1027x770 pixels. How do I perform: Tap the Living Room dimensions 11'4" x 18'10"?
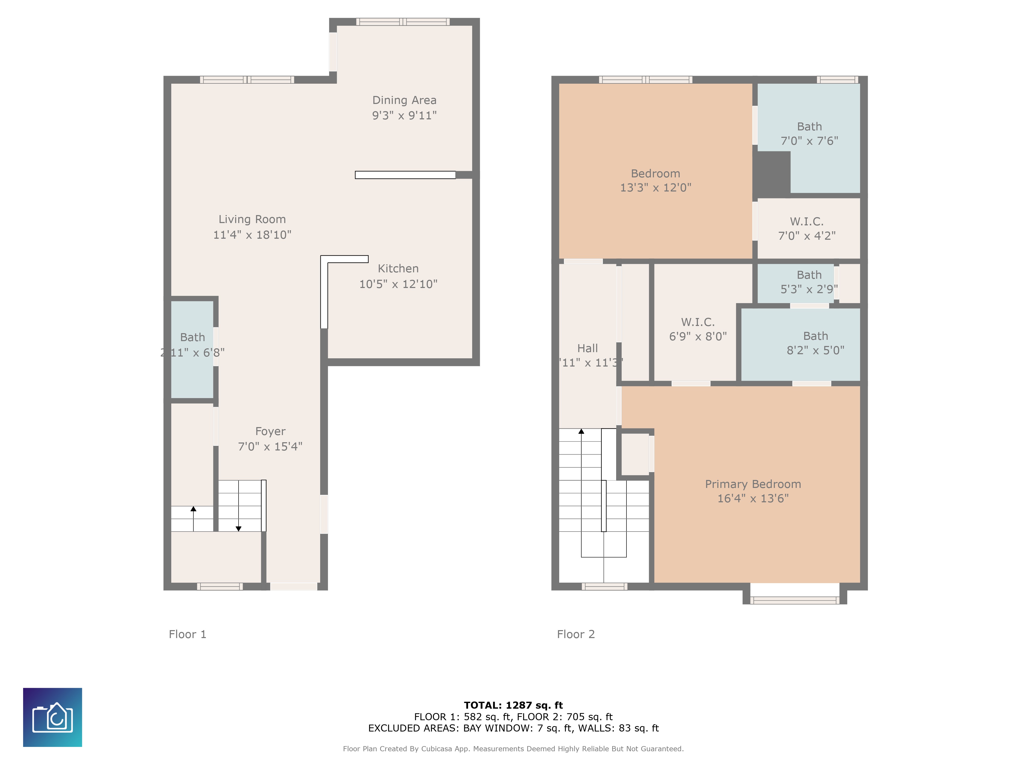tap(252, 235)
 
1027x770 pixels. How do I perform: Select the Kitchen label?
tap(398, 269)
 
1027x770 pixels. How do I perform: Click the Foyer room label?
tap(270, 432)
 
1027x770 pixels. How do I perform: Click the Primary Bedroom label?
tap(753, 484)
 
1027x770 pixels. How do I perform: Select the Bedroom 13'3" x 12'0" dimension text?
tap(655, 188)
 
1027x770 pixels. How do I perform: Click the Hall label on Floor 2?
tap(587, 349)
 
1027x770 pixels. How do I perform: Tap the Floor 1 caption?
tap(187, 634)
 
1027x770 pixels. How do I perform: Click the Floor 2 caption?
tap(575, 634)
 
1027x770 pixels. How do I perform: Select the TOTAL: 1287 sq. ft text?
tap(513, 706)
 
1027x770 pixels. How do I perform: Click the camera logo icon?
tap(52, 717)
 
